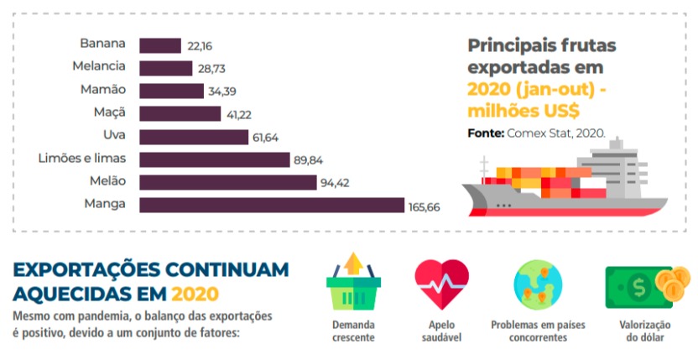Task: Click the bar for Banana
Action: click(159, 45)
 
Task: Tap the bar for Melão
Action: click(227, 182)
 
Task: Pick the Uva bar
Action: click(193, 137)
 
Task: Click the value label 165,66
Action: click(425, 206)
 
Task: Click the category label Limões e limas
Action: click(82, 158)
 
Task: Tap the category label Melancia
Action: click(99, 66)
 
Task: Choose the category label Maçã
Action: click(110, 112)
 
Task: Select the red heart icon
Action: click(441, 284)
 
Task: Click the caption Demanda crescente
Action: click(353, 331)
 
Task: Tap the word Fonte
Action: click(484, 133)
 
